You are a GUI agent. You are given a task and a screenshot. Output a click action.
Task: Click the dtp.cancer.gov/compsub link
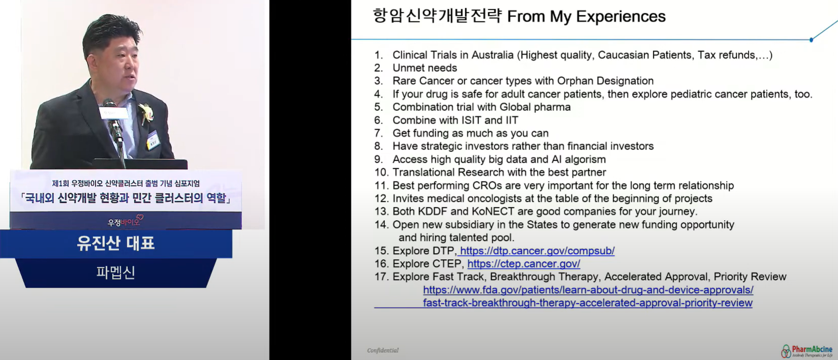click(537, 251)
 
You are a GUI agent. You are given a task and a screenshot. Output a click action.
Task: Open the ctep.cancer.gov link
click(524, 264)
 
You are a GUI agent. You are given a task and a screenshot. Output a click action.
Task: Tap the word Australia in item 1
click(492, 55)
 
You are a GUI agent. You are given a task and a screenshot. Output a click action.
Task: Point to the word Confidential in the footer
click(383, 350)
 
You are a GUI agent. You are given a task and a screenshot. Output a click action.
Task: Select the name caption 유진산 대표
click(115, 243)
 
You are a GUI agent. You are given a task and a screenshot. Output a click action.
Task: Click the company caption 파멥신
click(115, 272)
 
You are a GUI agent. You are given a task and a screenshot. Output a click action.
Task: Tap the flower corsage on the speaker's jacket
click(146, 112)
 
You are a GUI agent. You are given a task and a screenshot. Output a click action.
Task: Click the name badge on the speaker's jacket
click(153, 140)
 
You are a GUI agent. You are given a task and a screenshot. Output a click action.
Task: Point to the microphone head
click(109, 103)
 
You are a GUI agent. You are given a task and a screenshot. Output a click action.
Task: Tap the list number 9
click(378, 160)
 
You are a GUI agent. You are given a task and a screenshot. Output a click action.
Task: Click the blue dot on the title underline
click(811, 40)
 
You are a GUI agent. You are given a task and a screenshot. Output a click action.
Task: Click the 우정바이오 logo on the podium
click(125, 221)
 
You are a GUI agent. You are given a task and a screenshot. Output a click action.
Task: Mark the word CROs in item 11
click(497, 186)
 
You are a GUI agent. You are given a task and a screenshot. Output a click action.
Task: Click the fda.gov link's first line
click(588, 290)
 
